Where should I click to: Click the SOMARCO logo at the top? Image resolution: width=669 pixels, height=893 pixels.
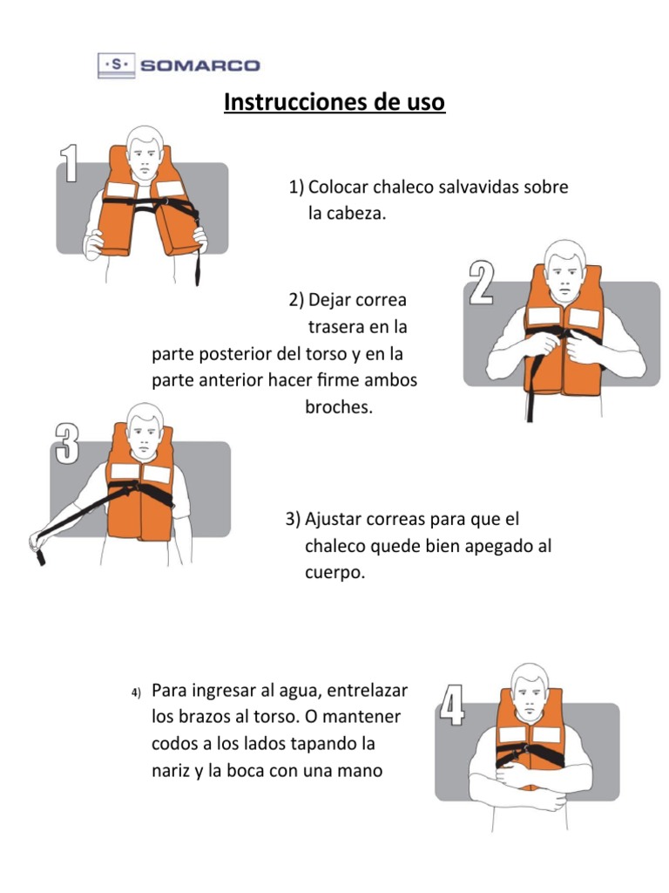(x=179, y=65)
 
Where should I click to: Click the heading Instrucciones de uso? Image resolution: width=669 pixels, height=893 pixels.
(x=334, y=103)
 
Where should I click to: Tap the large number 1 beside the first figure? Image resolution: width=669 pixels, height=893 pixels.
(x=70, y=163)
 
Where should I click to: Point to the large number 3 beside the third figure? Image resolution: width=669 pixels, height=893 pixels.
(x=67, y=443)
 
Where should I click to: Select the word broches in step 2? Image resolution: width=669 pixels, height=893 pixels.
(x=339, y=407)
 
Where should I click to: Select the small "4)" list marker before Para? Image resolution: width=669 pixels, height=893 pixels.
(x=136, y=693)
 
